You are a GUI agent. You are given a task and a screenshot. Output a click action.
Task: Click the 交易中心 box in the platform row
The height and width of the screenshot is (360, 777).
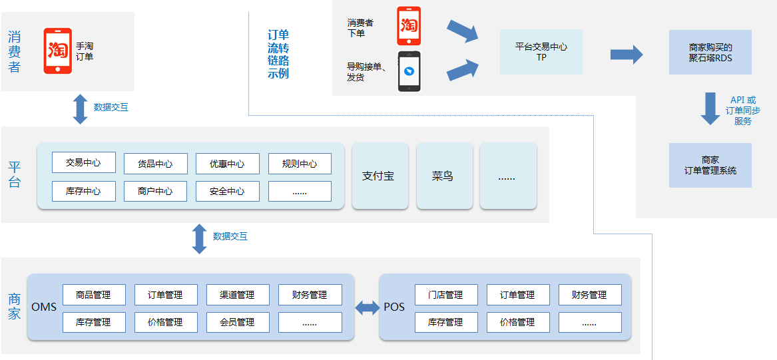[83, 162]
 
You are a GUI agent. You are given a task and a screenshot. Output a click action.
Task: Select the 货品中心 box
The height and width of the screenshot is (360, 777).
[155, 164]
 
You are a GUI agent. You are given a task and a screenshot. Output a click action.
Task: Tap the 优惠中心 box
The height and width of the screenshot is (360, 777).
[227, 164]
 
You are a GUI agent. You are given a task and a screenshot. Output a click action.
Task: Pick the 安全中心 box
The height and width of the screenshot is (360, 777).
[227, 191]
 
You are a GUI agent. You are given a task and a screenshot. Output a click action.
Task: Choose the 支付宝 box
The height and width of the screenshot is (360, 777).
[380, 176]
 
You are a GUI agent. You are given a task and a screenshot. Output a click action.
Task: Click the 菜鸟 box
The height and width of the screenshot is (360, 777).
[443, 176]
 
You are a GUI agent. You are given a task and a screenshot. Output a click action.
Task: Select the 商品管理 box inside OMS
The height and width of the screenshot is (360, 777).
[94, 295]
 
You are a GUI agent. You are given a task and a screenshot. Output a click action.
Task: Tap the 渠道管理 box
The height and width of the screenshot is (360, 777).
[238, 295]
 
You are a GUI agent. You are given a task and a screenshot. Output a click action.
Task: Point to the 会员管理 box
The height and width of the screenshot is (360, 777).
[238, 322]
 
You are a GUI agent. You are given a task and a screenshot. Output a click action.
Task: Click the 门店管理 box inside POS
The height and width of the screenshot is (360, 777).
[446, 295]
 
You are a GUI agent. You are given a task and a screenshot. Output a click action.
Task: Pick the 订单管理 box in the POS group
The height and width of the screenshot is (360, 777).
[518, 295]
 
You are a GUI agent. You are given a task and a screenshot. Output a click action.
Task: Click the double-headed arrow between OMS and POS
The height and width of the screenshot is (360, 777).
[367, 307]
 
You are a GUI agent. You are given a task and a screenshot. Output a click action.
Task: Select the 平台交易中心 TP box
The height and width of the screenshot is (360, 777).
[541, 52]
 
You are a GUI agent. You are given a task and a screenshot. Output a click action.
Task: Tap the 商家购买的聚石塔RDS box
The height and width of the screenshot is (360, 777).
[710, 52]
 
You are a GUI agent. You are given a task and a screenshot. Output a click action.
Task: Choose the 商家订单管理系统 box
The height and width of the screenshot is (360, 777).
[710, 165]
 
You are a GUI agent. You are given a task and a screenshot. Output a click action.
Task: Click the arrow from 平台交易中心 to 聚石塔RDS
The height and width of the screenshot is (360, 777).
[626, 54]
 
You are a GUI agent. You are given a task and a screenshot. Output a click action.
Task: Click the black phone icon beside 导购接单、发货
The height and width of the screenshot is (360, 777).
[409, 71]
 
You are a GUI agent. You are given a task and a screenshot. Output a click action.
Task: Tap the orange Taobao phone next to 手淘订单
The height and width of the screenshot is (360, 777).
[58, 51]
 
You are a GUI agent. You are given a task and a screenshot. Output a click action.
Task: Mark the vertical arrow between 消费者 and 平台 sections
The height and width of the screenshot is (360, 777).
[81, 109]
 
